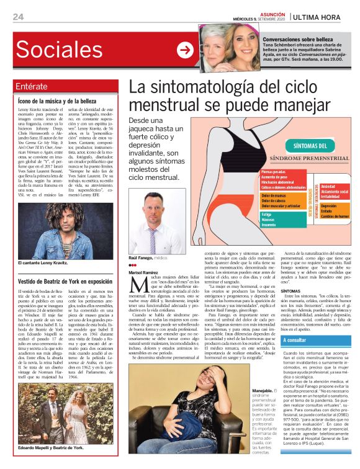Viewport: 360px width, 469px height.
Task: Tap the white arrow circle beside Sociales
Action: pos(184,50)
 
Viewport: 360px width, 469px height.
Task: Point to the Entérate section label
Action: pos(31,86)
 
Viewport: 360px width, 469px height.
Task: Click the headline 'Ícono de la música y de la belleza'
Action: pos(57,100)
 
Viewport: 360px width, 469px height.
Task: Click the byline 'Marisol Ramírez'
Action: pos(143,272)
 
